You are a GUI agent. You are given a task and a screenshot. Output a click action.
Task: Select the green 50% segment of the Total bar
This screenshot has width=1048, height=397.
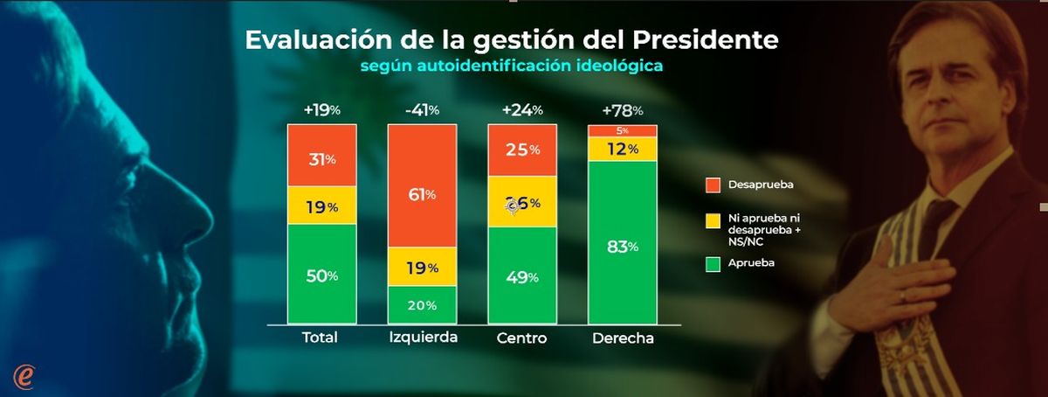click(322, 274)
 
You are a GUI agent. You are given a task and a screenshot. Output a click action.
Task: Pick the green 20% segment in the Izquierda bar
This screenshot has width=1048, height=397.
click(422, 304)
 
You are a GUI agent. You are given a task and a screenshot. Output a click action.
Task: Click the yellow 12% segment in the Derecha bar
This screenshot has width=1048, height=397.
click(622, 150)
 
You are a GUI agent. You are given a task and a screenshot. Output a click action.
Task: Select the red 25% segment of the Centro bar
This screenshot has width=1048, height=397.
click(521, 150)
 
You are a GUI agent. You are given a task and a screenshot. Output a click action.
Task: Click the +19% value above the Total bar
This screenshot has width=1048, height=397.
click(321, 110)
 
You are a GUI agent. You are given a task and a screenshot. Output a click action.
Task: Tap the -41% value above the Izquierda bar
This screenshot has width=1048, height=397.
click(422, 110)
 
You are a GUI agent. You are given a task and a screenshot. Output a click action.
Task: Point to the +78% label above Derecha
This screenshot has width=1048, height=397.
click(622, 110)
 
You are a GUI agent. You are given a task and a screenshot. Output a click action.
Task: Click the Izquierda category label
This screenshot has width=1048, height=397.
click(422, 338)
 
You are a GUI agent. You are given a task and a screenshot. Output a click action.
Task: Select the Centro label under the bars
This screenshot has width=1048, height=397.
click(521, 338)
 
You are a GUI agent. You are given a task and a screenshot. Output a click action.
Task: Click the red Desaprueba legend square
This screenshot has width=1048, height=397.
click(713, 185)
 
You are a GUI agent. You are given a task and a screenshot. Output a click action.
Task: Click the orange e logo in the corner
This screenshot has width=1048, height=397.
click(24, 374)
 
